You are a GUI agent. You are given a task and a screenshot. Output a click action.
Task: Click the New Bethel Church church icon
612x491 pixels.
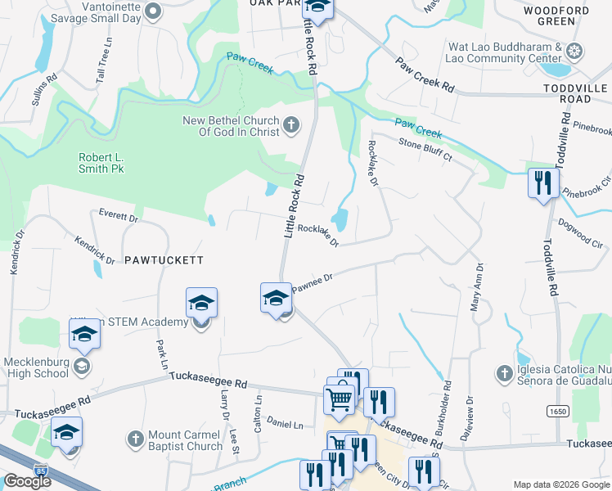point(291,126)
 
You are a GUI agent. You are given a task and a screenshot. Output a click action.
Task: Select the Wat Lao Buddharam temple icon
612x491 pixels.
point(575,52)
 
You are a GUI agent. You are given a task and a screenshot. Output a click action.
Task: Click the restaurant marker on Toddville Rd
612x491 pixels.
point(542,183)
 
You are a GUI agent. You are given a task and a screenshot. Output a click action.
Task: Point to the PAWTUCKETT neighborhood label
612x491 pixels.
point(164,260)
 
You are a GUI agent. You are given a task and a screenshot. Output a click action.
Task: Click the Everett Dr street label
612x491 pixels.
point(119,217)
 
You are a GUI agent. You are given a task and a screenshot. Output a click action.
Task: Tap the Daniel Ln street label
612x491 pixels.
point(285,425)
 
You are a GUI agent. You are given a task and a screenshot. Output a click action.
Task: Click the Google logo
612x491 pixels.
point(27,481)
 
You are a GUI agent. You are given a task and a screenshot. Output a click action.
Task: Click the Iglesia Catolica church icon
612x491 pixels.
point(504,373)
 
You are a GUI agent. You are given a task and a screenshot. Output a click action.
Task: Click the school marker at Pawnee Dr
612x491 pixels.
point(276,298)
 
